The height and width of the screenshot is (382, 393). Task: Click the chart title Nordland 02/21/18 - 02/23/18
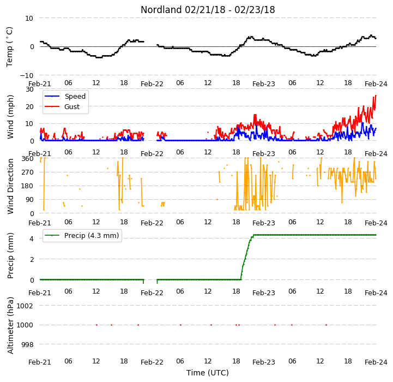208,10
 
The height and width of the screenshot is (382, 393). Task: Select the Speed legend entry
65,97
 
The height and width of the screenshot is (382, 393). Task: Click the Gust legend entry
62,106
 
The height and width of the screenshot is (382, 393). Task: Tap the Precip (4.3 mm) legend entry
82,235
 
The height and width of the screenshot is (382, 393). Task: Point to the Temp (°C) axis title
9,47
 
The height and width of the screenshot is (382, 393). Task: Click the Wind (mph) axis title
10,117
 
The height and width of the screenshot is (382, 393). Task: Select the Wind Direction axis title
10,186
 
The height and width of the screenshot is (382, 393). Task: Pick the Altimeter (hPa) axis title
10,325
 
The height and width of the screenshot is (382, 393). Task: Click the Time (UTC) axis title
208,373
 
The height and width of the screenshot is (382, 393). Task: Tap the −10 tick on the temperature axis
26,75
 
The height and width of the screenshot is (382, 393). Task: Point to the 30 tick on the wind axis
29,89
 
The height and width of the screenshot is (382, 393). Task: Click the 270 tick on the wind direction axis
28,172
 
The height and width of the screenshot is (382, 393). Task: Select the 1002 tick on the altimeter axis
25,306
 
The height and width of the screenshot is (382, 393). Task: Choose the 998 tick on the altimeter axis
27,344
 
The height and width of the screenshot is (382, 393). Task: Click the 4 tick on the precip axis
31,238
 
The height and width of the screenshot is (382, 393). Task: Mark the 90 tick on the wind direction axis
29,200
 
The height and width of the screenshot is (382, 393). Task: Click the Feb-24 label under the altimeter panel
376,362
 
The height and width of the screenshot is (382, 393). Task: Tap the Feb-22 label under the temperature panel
152,83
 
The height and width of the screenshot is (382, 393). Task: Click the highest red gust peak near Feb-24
376,95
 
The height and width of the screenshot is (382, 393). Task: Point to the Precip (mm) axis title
10,256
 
